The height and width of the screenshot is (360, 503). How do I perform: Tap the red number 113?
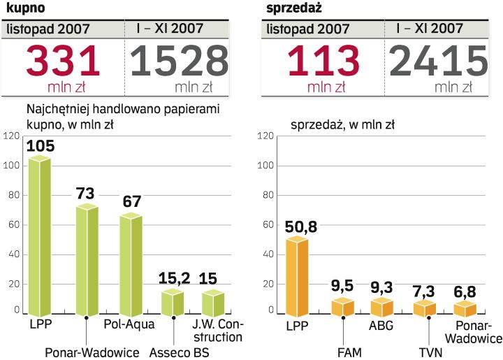pyautogui.click(x=319, y=62)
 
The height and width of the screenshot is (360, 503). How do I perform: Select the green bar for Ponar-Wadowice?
pyautogui.click(x=87, y=260)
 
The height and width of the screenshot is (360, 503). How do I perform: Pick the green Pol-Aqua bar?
pyautogui.click(x=130, y=264)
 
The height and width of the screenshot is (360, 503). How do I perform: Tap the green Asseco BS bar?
pyautogui.click(x=172, y=302)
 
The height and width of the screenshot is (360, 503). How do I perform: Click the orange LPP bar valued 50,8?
pyautogui.click(x=296, y=277)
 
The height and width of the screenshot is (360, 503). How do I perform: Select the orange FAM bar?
pyautogui.click(x=342, y=307)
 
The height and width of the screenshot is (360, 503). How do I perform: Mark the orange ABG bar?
pyautogui.click(x=382, y=307)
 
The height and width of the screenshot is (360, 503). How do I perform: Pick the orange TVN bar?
pyautogui.click(x=423, y=308)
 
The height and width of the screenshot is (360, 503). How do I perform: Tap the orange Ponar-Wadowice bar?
pyautogui.click(x=465, y=309)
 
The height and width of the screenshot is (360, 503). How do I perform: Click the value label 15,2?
pyautogui.click(x=173, y=278)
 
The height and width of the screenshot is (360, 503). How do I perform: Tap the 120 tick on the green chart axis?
pyautogui.click(x=10, y=136)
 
